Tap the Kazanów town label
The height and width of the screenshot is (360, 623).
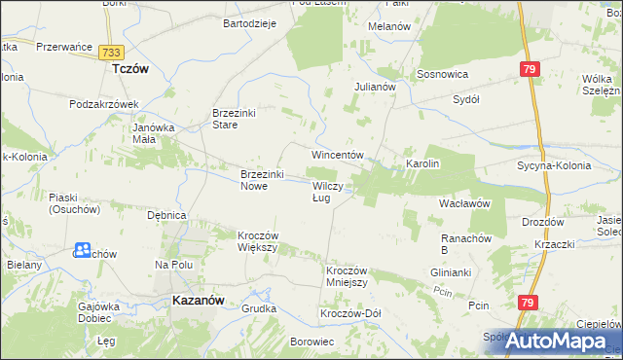pos(200,301)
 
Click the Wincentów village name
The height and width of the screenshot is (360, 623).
pos(337,156)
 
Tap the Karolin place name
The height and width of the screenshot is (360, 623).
pos(423,163)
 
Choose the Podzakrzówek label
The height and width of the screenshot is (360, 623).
pos(106,104)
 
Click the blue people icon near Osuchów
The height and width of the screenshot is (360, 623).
pos(82,251)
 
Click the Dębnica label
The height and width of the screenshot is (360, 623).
pos(165,214)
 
